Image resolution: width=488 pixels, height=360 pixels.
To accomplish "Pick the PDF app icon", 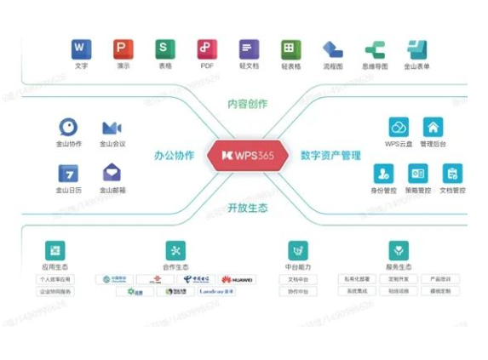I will click(x=206, y=49).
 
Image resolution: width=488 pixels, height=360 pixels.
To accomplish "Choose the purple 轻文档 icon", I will click(x=248, y=49).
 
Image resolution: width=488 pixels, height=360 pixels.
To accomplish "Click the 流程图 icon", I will click(x=332, y=49).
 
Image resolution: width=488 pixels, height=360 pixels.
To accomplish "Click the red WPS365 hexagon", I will click(x=244, y=157).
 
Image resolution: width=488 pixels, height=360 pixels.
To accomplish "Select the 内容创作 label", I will click(x=247, y=104).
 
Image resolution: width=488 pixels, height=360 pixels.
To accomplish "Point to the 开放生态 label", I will click(x=247, y=207).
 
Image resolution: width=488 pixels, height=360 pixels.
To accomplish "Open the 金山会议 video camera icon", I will click(x=112, y=128).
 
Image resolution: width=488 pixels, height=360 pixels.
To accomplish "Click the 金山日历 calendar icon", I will click(x=69, y=173).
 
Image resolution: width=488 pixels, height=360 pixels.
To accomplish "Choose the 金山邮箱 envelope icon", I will click(x=112, y=173).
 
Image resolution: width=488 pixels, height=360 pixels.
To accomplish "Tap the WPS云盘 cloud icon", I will click(x=399, y=128).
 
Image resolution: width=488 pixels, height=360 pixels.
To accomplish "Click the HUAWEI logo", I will click(x=238, y=279).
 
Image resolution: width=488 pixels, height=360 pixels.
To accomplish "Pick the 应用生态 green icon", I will click(x=55, y=250).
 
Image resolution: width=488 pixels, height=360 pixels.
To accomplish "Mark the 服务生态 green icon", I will click(x=398, y=250).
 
